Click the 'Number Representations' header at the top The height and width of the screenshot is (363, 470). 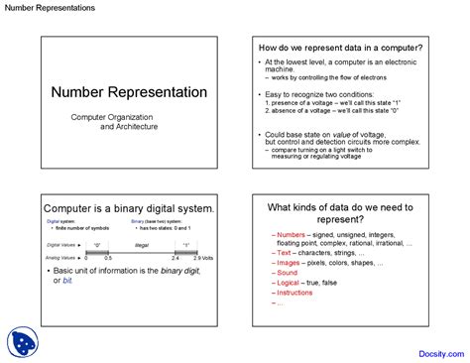(49, 8)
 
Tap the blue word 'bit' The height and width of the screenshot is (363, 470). (68, 281)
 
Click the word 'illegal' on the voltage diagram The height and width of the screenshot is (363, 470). (141, 243)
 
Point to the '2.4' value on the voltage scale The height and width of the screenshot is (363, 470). (175, 258)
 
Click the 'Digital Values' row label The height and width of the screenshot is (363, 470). (61, 243)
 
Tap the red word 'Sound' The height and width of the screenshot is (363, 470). (288, 272)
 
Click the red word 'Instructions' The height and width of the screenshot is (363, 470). (294, 293)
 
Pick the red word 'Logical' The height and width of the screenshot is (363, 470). (290, 283)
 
